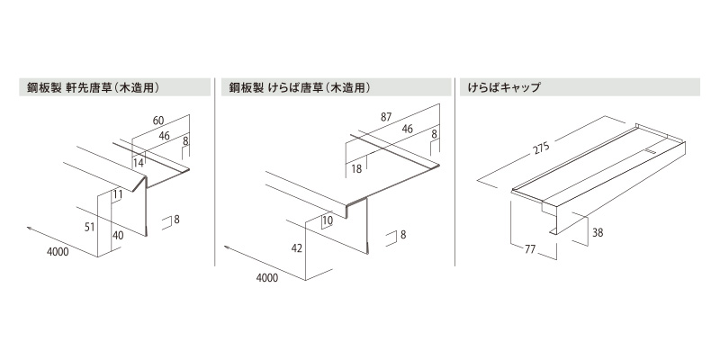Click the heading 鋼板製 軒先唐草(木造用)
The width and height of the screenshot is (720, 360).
click(x=94, y=88)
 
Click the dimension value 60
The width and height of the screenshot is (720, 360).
click(x=158, y=121)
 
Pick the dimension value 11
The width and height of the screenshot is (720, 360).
click(x=118, y=193)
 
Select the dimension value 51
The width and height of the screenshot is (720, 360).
click(x=89, y=228)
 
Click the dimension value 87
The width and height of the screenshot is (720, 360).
click(x=387, y=117)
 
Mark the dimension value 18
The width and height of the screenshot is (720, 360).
click(x=358, y=168)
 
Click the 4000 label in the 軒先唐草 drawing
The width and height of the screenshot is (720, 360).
click(x=58, y=253)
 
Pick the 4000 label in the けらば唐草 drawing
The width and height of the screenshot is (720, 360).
click(x=266, y=278)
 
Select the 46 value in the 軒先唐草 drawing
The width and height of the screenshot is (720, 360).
click(x=165, y=136)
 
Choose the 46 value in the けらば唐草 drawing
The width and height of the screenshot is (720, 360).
click(x=407, y=130)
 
